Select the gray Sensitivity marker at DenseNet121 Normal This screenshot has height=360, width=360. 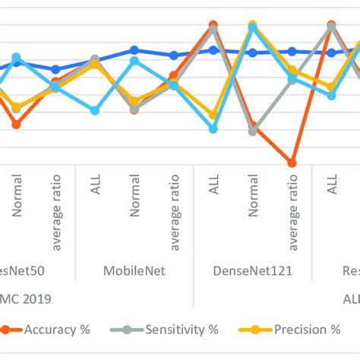[x=253, y=131]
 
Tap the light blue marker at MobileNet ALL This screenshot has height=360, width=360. [x=95, y=111]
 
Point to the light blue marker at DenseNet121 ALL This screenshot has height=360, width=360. [x=213, y=129]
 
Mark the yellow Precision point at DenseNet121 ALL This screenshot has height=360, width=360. [x=213, y=115]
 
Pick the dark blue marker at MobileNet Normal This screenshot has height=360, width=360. [x=134, y=50]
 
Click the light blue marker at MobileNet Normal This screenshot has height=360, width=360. [x=134, y=61]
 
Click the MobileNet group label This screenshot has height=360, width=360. [x=134, y=270]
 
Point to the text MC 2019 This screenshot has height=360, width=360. [x=27, y=298]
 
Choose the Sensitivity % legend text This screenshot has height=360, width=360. [x=182, y=330]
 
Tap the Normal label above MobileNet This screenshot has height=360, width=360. [x=134, y=197]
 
